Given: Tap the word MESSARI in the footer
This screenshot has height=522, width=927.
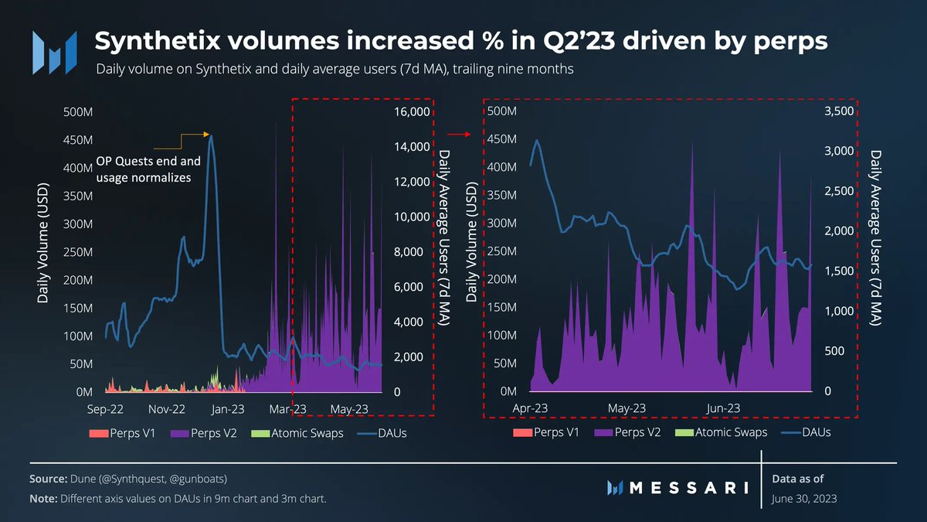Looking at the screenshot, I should coord(687,487).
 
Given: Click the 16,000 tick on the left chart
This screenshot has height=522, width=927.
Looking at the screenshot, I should coord(411,112).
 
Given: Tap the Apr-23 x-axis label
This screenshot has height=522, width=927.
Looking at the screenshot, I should coord(531,408).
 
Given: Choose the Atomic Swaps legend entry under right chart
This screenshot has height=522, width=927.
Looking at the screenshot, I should coord(722,432).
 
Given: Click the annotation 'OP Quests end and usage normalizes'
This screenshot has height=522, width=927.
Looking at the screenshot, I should coord(148,169).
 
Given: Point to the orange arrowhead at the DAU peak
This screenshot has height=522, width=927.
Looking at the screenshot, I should coord(207,135).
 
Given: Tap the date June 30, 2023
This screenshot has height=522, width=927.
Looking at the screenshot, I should coord(803,500).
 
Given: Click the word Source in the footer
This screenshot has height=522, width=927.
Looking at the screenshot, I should coord(48,479).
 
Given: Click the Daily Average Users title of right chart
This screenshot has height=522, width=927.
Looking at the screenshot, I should coord(875,238).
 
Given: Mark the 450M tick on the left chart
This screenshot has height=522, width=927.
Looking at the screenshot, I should coord(80,140).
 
